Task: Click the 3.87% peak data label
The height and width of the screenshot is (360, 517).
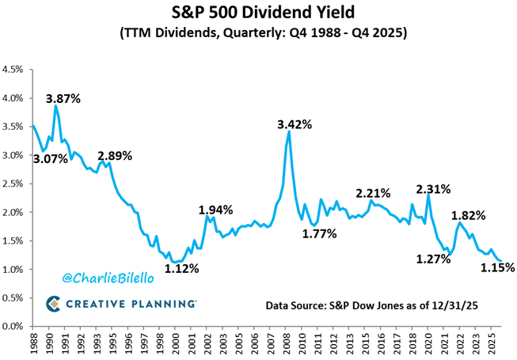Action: [63, 100]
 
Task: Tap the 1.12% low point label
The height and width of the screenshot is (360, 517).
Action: [182, 268]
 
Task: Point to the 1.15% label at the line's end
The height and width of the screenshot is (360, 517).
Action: [498, 267]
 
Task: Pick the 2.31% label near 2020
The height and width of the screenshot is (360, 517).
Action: [433, 189]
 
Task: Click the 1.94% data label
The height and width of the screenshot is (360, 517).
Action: [215, 210]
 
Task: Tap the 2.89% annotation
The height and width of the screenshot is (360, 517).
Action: [115, 155]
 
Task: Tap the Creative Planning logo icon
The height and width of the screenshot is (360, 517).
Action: [53, 304]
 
